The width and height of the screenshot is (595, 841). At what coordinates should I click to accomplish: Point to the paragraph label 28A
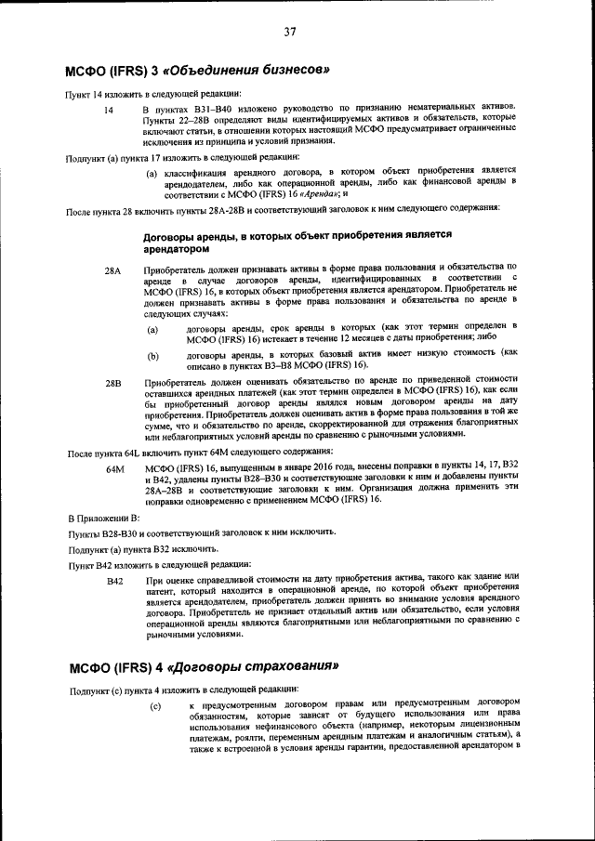point(112,269)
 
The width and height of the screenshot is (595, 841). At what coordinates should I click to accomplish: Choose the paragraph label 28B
point(112,382)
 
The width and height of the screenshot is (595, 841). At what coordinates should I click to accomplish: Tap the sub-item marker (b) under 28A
point(152,356)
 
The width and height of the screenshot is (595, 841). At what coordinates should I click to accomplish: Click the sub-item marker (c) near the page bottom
point(155,708)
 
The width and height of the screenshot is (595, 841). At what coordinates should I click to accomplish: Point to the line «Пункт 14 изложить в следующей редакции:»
point(152,94)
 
